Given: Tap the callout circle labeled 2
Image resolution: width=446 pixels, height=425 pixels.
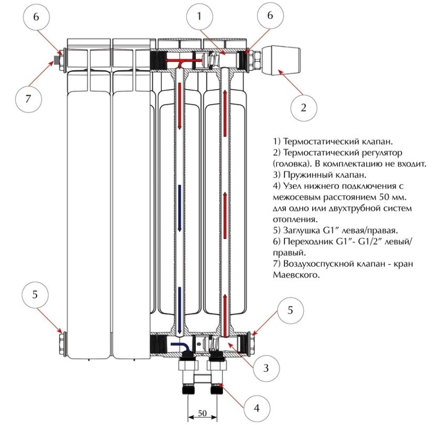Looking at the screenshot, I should pos(303,108).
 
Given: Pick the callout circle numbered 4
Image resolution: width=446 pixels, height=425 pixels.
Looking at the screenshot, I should pos(256,408).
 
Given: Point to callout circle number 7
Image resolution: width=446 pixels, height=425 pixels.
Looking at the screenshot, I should pos(27,98).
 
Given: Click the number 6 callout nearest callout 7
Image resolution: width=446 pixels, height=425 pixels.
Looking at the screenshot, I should pos(36,16).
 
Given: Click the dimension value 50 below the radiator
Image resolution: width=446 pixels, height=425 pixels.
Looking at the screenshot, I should pos(202,414).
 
